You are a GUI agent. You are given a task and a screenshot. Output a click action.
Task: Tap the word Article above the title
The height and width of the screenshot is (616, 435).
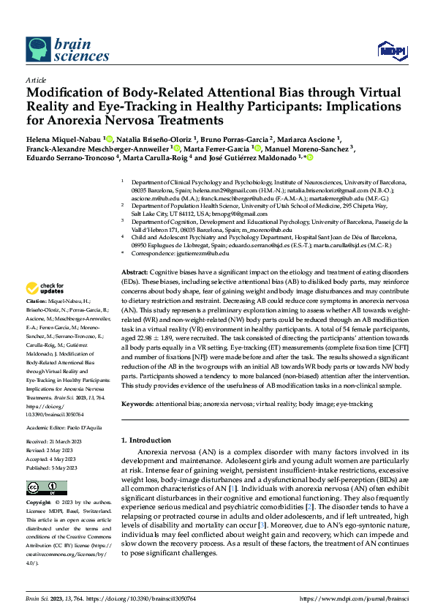(35, 80)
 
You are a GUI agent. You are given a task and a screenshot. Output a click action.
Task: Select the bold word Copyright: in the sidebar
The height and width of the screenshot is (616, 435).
(39, 503)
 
